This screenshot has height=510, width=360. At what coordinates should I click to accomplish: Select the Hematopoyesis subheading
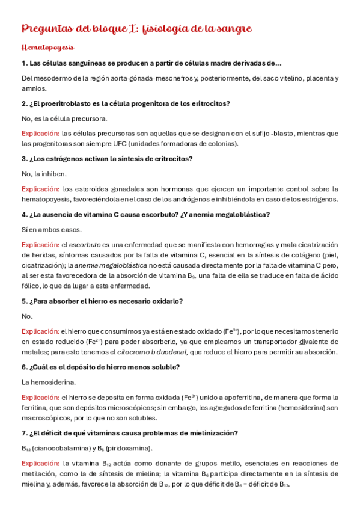(47, 47)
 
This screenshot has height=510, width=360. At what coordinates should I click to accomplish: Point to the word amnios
(34, 88)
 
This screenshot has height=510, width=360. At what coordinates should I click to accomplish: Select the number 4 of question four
(23, 215)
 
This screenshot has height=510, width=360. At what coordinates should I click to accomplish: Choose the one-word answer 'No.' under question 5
(27, 316)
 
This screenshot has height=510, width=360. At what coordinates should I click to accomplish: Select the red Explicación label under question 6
(40, 398)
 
